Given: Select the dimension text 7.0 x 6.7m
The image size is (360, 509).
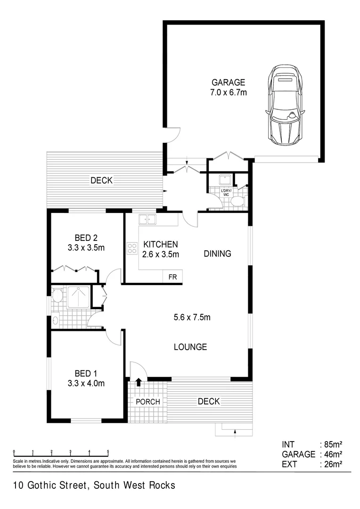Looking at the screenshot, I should [x=229, y=93].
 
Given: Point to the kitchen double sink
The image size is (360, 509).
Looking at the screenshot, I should [x=147, y=219].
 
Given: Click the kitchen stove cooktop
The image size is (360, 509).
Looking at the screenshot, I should [x=131, y=248].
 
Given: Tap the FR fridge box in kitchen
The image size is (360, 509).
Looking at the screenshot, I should [x=172, y=277].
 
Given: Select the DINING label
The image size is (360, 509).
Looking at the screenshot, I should [x=217, y=254].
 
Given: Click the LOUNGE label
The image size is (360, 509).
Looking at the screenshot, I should [x=190, y=347].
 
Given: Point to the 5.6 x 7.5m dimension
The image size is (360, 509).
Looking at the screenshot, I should [x=192, y=317].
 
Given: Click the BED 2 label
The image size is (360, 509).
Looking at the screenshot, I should [x=86, y=238].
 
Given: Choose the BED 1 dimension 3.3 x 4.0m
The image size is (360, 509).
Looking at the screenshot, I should [x=86, y=383].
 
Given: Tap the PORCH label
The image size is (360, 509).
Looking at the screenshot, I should [x=148, y=402].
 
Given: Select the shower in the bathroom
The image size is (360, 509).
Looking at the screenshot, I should [x=79, y=296].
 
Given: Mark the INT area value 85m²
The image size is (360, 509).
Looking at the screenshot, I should [x=331, y=444].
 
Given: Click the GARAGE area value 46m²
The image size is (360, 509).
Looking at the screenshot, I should [x=331, y=454].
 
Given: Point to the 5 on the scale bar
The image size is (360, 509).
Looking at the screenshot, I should [x=108, y=451].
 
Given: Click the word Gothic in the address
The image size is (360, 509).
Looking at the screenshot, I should [x=44, y=485].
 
